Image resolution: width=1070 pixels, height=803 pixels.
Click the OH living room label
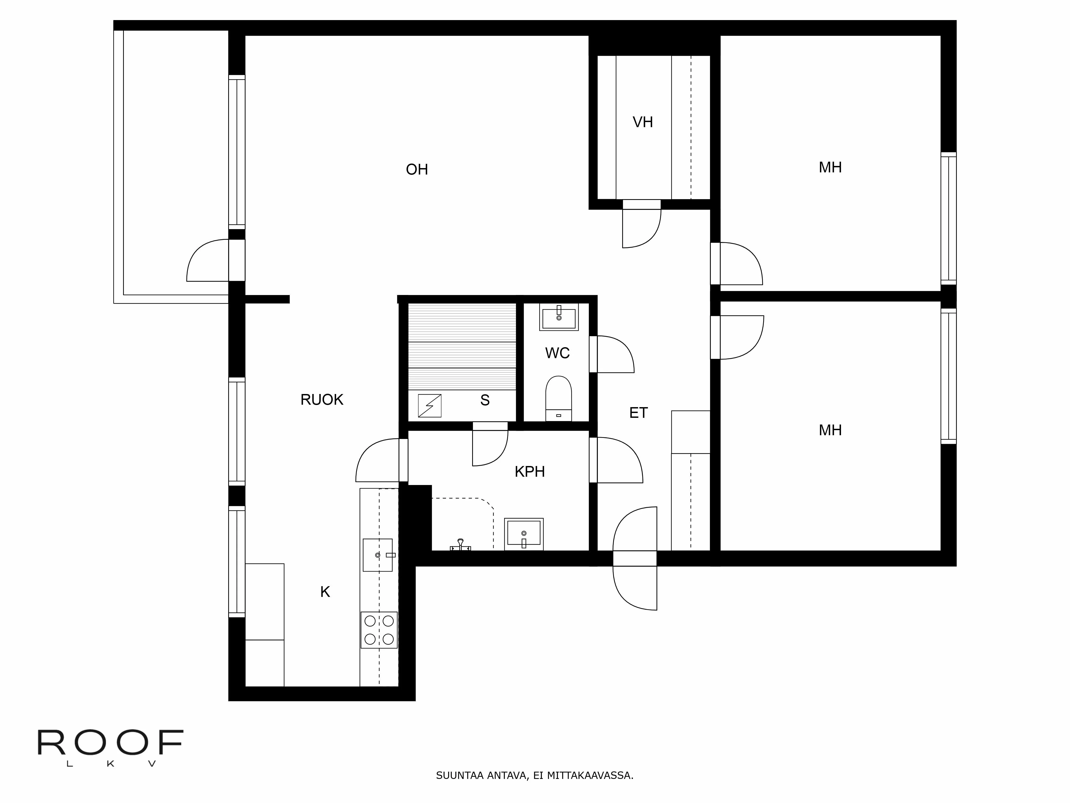(416, 169)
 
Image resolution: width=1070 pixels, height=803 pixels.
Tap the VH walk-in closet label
(642, 122)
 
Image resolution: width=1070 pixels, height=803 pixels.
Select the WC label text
(557, 353)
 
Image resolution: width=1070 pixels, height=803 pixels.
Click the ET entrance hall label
(638, 412)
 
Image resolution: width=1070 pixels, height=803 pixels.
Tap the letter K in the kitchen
(325, 592)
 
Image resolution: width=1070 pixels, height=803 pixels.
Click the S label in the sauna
(485, 400)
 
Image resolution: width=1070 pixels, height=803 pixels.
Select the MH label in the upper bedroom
(830, 168)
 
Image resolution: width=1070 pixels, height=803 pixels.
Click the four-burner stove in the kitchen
(379, 630)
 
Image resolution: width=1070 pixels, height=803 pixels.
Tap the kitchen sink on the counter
(378, 555)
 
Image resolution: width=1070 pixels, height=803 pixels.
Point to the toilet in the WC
(558, 398)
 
